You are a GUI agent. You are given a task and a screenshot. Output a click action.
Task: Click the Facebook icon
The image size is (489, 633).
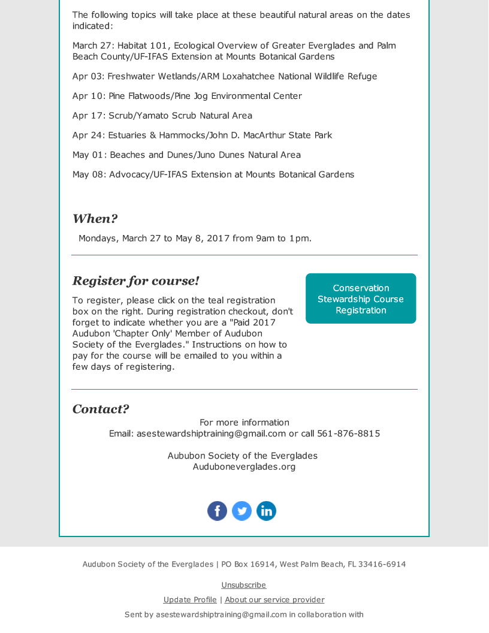click(217, 511)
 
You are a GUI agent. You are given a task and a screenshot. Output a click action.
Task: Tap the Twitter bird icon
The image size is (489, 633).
click(242, 511)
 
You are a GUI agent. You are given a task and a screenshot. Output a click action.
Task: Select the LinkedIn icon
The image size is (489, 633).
click(266, 511)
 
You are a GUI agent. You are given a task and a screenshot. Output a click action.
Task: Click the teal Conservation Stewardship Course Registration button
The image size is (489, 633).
click(361, 299)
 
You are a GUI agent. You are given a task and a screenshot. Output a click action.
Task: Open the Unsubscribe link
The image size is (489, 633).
click(244, 585)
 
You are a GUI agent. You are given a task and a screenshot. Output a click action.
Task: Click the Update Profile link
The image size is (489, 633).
click(190, 600)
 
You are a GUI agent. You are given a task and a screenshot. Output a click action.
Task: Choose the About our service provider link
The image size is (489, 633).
click(274, 600)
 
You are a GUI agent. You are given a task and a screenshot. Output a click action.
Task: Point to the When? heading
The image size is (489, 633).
click(95, 219)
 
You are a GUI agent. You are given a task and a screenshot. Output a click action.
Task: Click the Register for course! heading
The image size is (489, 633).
click(135, 281)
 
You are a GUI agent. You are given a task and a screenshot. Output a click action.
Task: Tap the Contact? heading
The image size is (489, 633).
click(101, 409)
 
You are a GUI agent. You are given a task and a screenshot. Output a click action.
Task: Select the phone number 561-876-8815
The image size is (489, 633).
click(348, 433)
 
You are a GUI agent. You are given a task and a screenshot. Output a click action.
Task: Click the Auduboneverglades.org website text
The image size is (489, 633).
click(244, 467)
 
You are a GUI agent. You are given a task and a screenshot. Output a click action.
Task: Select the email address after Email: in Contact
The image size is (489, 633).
click(211, 433)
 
